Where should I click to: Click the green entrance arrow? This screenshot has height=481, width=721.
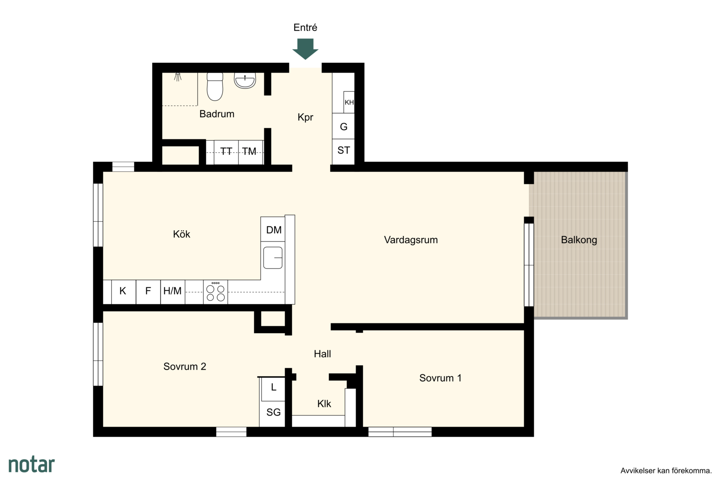[x=305, y=49]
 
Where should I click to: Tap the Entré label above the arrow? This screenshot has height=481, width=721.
[x=305, y=28]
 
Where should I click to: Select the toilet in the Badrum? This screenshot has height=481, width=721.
[x=215, y=86]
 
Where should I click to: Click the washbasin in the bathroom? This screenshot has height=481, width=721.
[x=245, y=81]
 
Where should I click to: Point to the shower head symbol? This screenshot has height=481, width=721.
[x=178, y=77]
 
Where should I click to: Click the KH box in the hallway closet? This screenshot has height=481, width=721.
[x=349, y=102]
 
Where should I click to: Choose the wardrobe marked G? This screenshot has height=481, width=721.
[x=344, y=126]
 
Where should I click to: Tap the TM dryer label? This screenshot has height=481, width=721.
[x=249, y=151]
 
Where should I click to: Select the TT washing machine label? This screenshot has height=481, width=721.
[x=226, y=151]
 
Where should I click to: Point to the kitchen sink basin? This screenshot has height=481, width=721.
[x=273, y=258]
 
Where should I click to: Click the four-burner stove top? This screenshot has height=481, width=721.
[x=215, y=292]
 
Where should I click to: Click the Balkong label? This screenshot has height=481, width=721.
[x=579, y=240]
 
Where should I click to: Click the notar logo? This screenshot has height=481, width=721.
[x=32, y=465]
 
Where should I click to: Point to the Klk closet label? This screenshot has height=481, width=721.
[x=324, y=404]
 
